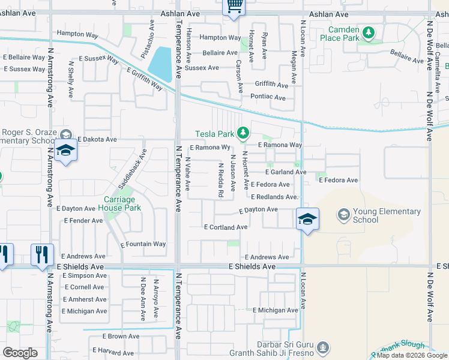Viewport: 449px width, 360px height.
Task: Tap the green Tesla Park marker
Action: [243, 133]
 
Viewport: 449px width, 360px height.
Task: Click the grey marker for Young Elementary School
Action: [343, 214]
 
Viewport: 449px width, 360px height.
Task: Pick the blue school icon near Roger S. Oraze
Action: [65, 151]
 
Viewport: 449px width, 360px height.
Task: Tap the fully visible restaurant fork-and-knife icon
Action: [42, 254]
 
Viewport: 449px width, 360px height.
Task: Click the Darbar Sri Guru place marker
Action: [323, 347]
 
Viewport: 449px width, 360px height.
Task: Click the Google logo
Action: [20, 353]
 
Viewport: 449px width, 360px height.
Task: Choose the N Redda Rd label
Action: [221, 180]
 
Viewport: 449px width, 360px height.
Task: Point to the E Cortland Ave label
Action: [226, 227]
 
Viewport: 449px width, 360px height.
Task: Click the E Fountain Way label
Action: [143, 244]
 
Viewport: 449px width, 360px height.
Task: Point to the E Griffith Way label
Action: [145, 79]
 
